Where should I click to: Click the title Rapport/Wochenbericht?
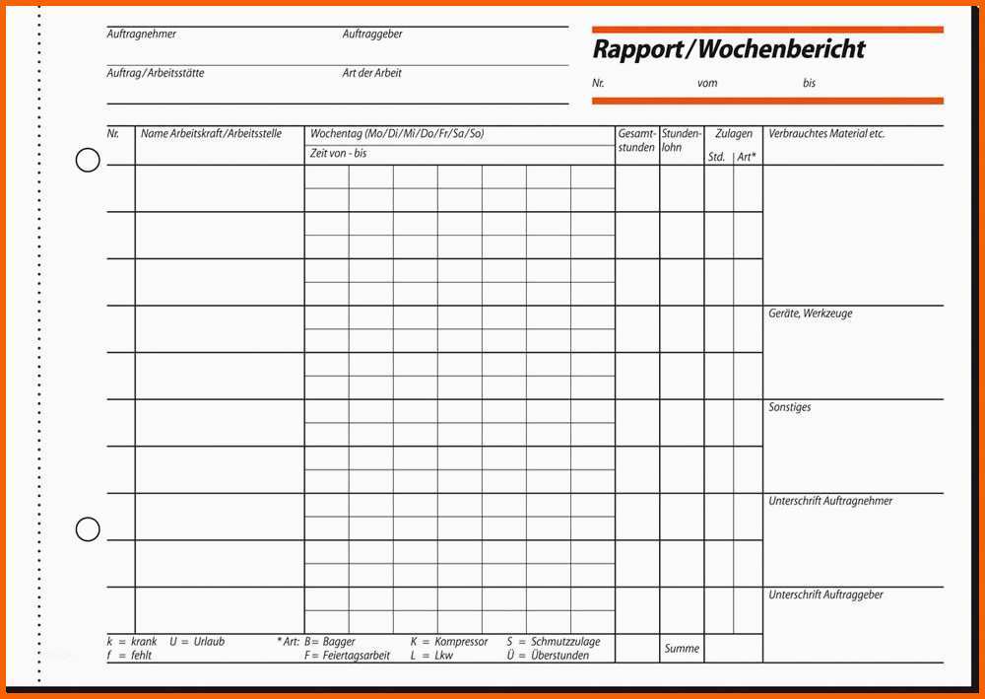728,49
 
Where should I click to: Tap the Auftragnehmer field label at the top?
142,35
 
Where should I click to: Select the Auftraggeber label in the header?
372,35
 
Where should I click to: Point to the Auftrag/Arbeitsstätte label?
156,74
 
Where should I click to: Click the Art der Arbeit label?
372,74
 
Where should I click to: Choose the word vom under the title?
707,84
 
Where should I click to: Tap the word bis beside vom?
809,84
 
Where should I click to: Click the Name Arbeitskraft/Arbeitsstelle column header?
211,134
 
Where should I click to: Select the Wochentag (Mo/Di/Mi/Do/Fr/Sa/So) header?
397,134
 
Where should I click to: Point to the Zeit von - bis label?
338,154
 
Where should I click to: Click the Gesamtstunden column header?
636,140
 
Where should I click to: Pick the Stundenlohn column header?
682,140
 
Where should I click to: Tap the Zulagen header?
734,134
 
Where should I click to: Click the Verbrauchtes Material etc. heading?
826,134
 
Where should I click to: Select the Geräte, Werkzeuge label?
810,314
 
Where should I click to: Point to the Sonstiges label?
790,407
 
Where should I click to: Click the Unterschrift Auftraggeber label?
825,595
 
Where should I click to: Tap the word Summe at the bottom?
682,649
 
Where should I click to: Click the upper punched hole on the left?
88,160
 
